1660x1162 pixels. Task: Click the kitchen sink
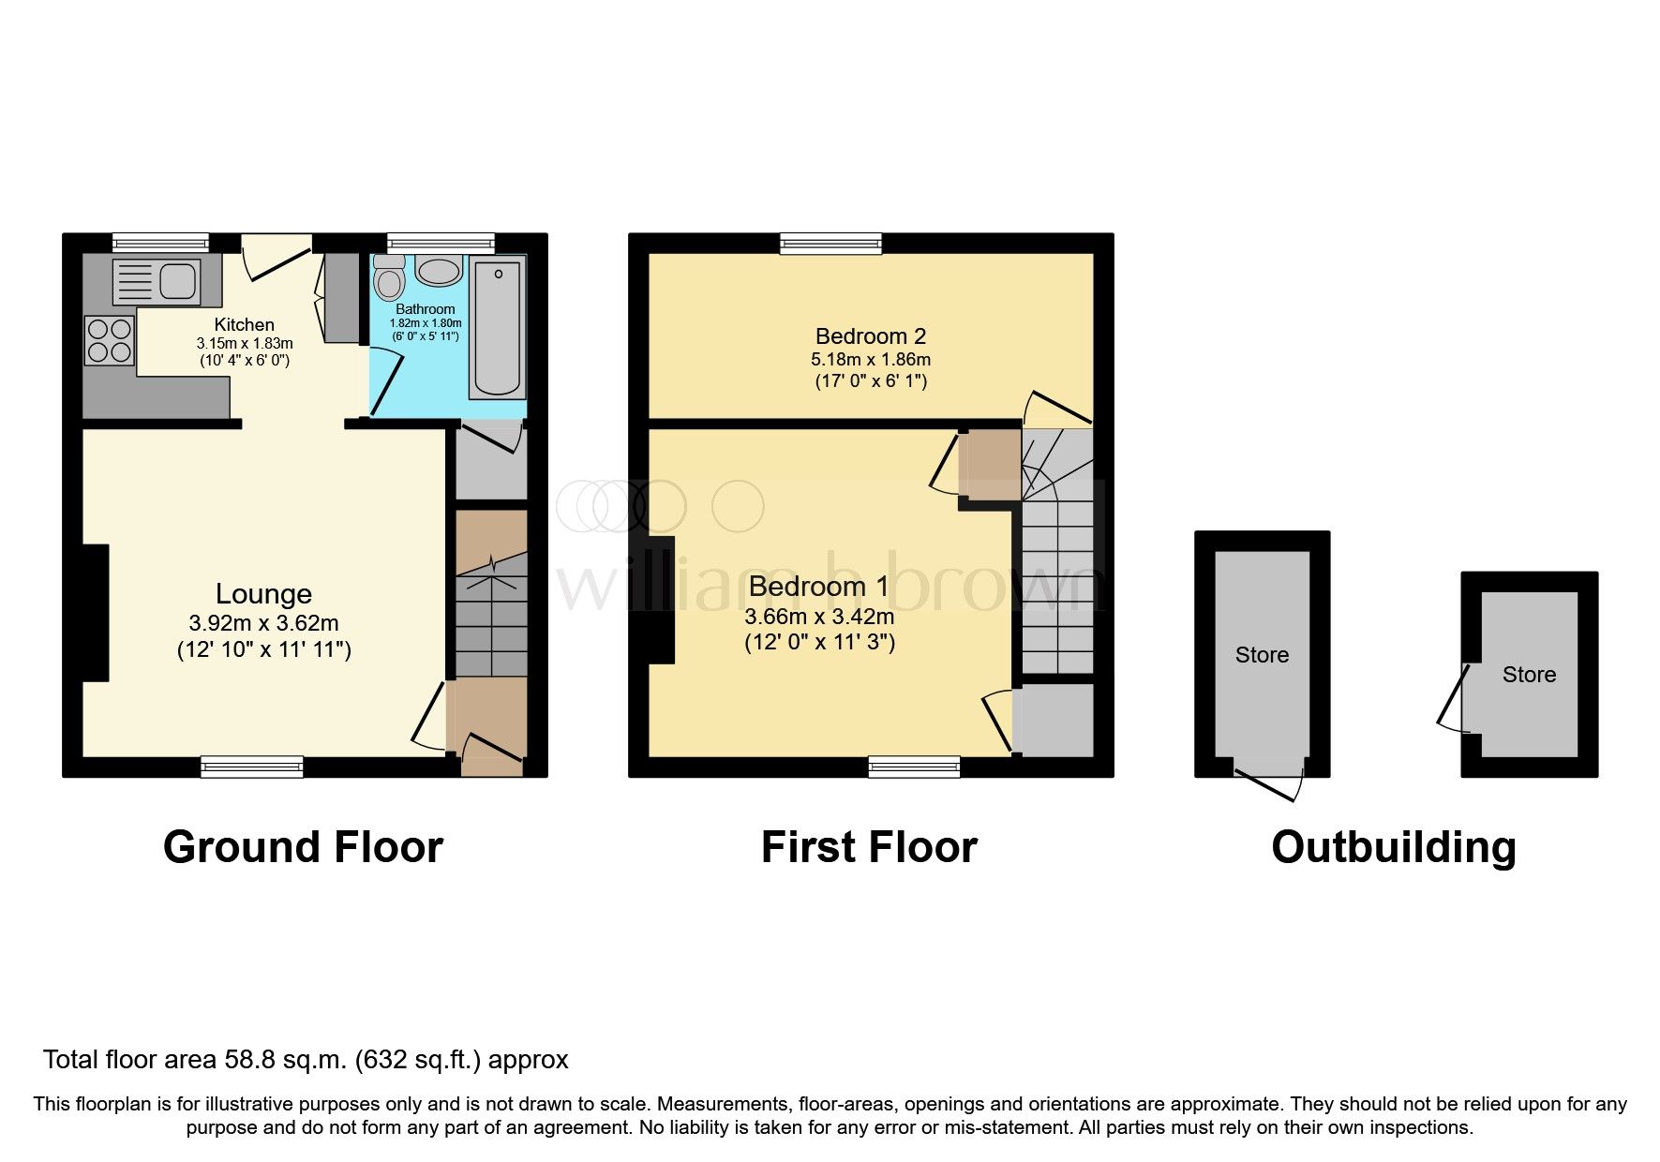[156, 280]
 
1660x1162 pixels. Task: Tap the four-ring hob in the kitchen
[110, 341]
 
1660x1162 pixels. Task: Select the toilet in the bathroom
[387, 278]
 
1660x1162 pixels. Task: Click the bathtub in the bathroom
[497, 328]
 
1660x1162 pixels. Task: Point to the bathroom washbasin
[438, 272]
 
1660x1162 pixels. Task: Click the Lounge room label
[263, 593]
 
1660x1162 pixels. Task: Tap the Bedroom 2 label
[870, 335]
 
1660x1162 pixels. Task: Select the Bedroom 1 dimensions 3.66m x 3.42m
[819, 617]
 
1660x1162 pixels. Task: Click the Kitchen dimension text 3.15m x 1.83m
[245, 343]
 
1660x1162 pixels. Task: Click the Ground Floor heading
[303, 847]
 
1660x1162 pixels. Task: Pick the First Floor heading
[869, 847]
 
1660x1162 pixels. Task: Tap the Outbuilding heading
[1393, 847]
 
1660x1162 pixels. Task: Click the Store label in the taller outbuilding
[1262, 655]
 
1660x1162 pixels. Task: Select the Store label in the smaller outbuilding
[1529, 675]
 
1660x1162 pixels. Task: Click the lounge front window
[252, 767]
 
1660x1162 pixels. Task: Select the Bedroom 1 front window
[914, 767]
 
